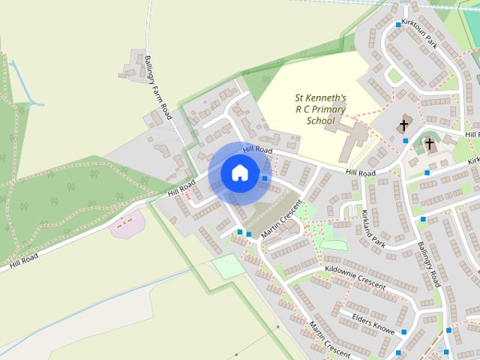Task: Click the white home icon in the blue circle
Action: point(239,173)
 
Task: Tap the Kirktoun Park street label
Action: point(419,34)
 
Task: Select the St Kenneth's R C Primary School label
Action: point(319,109)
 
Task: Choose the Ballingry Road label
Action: point(429,263)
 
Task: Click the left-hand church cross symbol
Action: point(404,125)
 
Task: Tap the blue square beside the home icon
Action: point(265,178)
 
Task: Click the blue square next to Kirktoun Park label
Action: point(397,25)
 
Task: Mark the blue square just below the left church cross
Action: point(406,140)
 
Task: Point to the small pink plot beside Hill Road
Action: point(127,223)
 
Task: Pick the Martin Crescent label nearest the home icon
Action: point(282,220)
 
